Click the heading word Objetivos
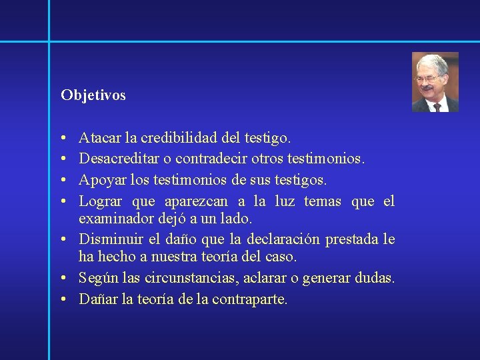[93, 95]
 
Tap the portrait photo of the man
[435, 82]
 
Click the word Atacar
[99, 138]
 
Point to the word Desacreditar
[117, 159]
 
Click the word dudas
[375, 277]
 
